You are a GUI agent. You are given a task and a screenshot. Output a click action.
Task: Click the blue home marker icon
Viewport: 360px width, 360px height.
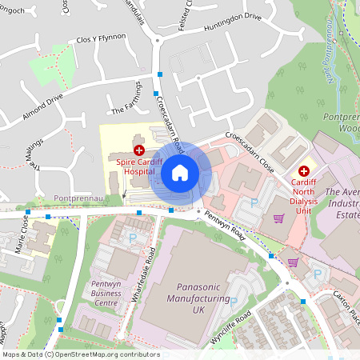click(180, 172)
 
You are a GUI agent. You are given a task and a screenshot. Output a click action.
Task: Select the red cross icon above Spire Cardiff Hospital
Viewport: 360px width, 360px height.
click(139, 150)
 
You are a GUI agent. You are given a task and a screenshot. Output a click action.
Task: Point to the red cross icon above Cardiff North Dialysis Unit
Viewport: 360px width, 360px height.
click(304, 170)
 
